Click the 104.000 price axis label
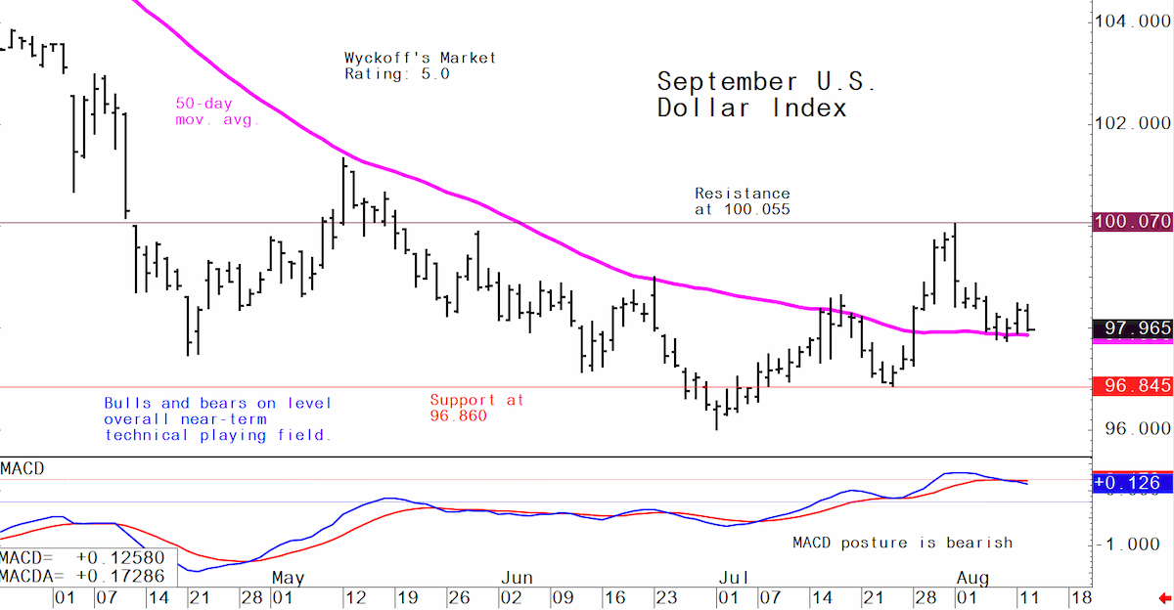click(x=1133, y=21)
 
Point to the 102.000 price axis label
click(x=1133, y=123)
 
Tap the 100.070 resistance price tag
click(x=1133, y=222)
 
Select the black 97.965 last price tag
click(x=1133, y=328)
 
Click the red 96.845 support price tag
click(x=1133, y=386)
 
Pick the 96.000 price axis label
click(x=1137, y=429)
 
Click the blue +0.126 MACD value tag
click(x=1133, y=482)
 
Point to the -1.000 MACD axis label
click(x=1133, y=545)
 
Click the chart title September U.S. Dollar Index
click(x=766, y=95)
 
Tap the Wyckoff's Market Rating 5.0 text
click(x=420, y=65)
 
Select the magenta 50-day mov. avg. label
click(x=217, y=111)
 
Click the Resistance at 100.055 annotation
click(x=743, y=201)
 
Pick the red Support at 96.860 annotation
click(x=476, y=408)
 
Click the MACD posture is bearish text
click(x=902, y=543)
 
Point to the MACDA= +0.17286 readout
click(x=82, y=577)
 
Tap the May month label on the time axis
click(x=288, y=578)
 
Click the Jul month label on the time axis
click(x=733, y=578)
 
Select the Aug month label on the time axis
click(x=972, y=578)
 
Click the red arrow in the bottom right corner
click(x=1164, y=598)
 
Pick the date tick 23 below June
click(x=666, y=597)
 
